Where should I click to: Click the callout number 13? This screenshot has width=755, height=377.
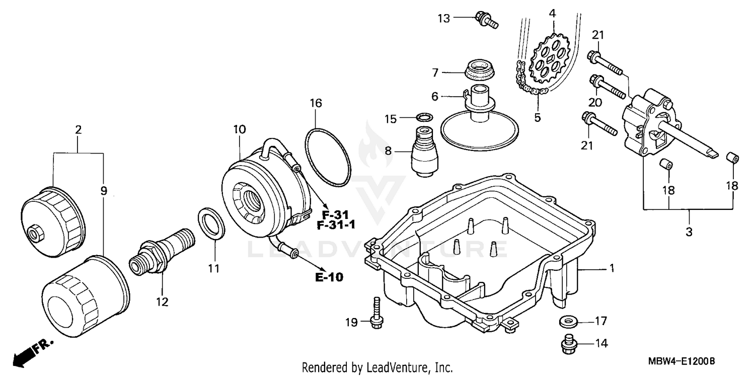point(443,19)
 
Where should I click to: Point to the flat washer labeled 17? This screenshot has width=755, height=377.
point(568,321)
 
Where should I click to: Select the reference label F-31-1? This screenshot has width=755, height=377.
point(336,224)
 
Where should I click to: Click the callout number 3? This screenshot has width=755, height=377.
point(689,232)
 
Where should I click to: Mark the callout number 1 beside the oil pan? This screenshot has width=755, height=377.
point(612,269)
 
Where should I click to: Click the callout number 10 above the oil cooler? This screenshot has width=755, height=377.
point(239,129)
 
